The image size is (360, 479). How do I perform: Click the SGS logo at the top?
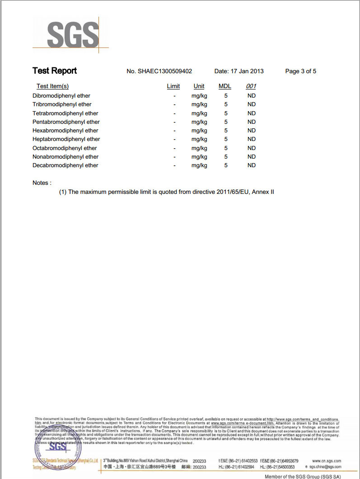click(x=72, y=34)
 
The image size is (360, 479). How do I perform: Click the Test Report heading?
click(x=55, y=71)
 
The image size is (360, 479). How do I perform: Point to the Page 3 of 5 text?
click(x=301, y=71)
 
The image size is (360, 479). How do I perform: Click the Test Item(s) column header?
click(x=52, y=86)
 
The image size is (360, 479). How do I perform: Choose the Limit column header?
click(x=173, y=86)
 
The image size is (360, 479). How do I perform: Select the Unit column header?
click(x=199, y=86)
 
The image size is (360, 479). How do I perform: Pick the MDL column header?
click(x=225, y=86)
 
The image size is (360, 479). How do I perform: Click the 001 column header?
click(x=251, y=86)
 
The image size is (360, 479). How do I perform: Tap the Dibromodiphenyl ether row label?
click(x=61, y=96)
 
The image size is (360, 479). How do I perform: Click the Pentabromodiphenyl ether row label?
click(x=66, y=122)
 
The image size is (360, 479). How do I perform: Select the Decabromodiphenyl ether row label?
click(x=65, y=165)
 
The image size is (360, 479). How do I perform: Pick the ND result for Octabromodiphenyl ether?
click(x=252, y=148)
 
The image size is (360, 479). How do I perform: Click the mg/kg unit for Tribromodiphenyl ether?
click(x=199, y=104)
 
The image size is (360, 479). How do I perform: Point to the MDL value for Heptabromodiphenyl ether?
click(x=226, y=139)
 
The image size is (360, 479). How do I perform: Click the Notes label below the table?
click(x=42, y=183)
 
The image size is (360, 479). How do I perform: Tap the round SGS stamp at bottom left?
click(x=57, y=448)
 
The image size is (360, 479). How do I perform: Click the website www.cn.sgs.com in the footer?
click(x=327, y=461)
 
